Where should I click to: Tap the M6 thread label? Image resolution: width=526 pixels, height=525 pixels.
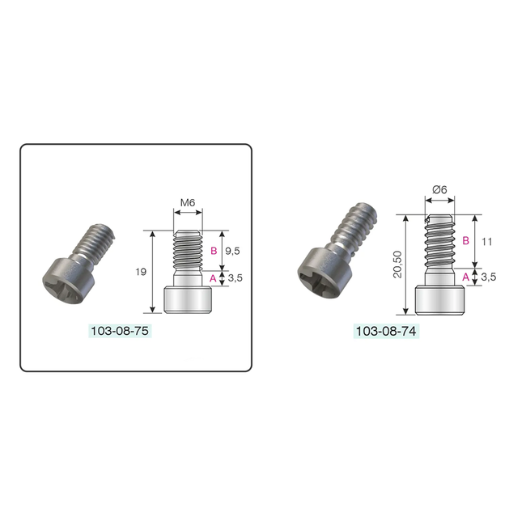189,202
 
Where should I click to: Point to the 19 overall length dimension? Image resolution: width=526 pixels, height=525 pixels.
142,272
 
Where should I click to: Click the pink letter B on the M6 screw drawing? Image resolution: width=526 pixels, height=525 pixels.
213,250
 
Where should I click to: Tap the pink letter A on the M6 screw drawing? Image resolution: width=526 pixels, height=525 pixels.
213,277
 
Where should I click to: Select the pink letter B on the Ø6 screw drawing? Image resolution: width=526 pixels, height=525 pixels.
466,241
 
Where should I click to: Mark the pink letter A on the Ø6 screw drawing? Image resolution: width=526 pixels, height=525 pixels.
466,277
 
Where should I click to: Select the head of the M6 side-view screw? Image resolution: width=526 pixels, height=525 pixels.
189,299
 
